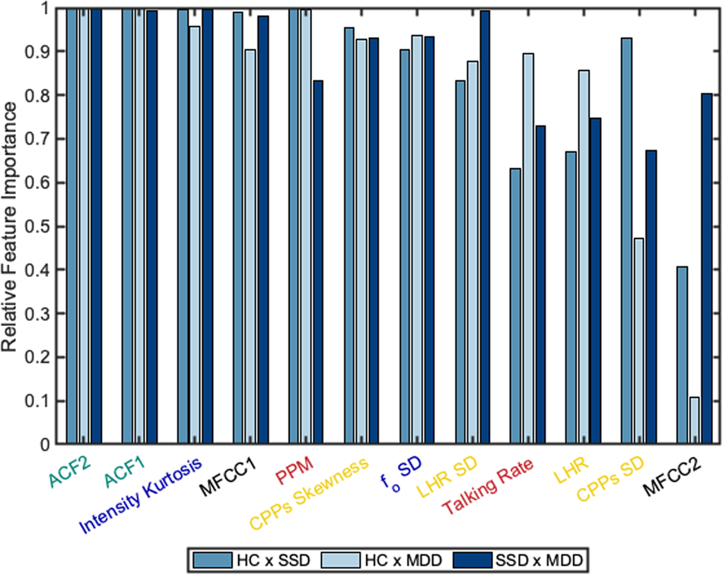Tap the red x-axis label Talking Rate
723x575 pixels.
pos(489,484)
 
